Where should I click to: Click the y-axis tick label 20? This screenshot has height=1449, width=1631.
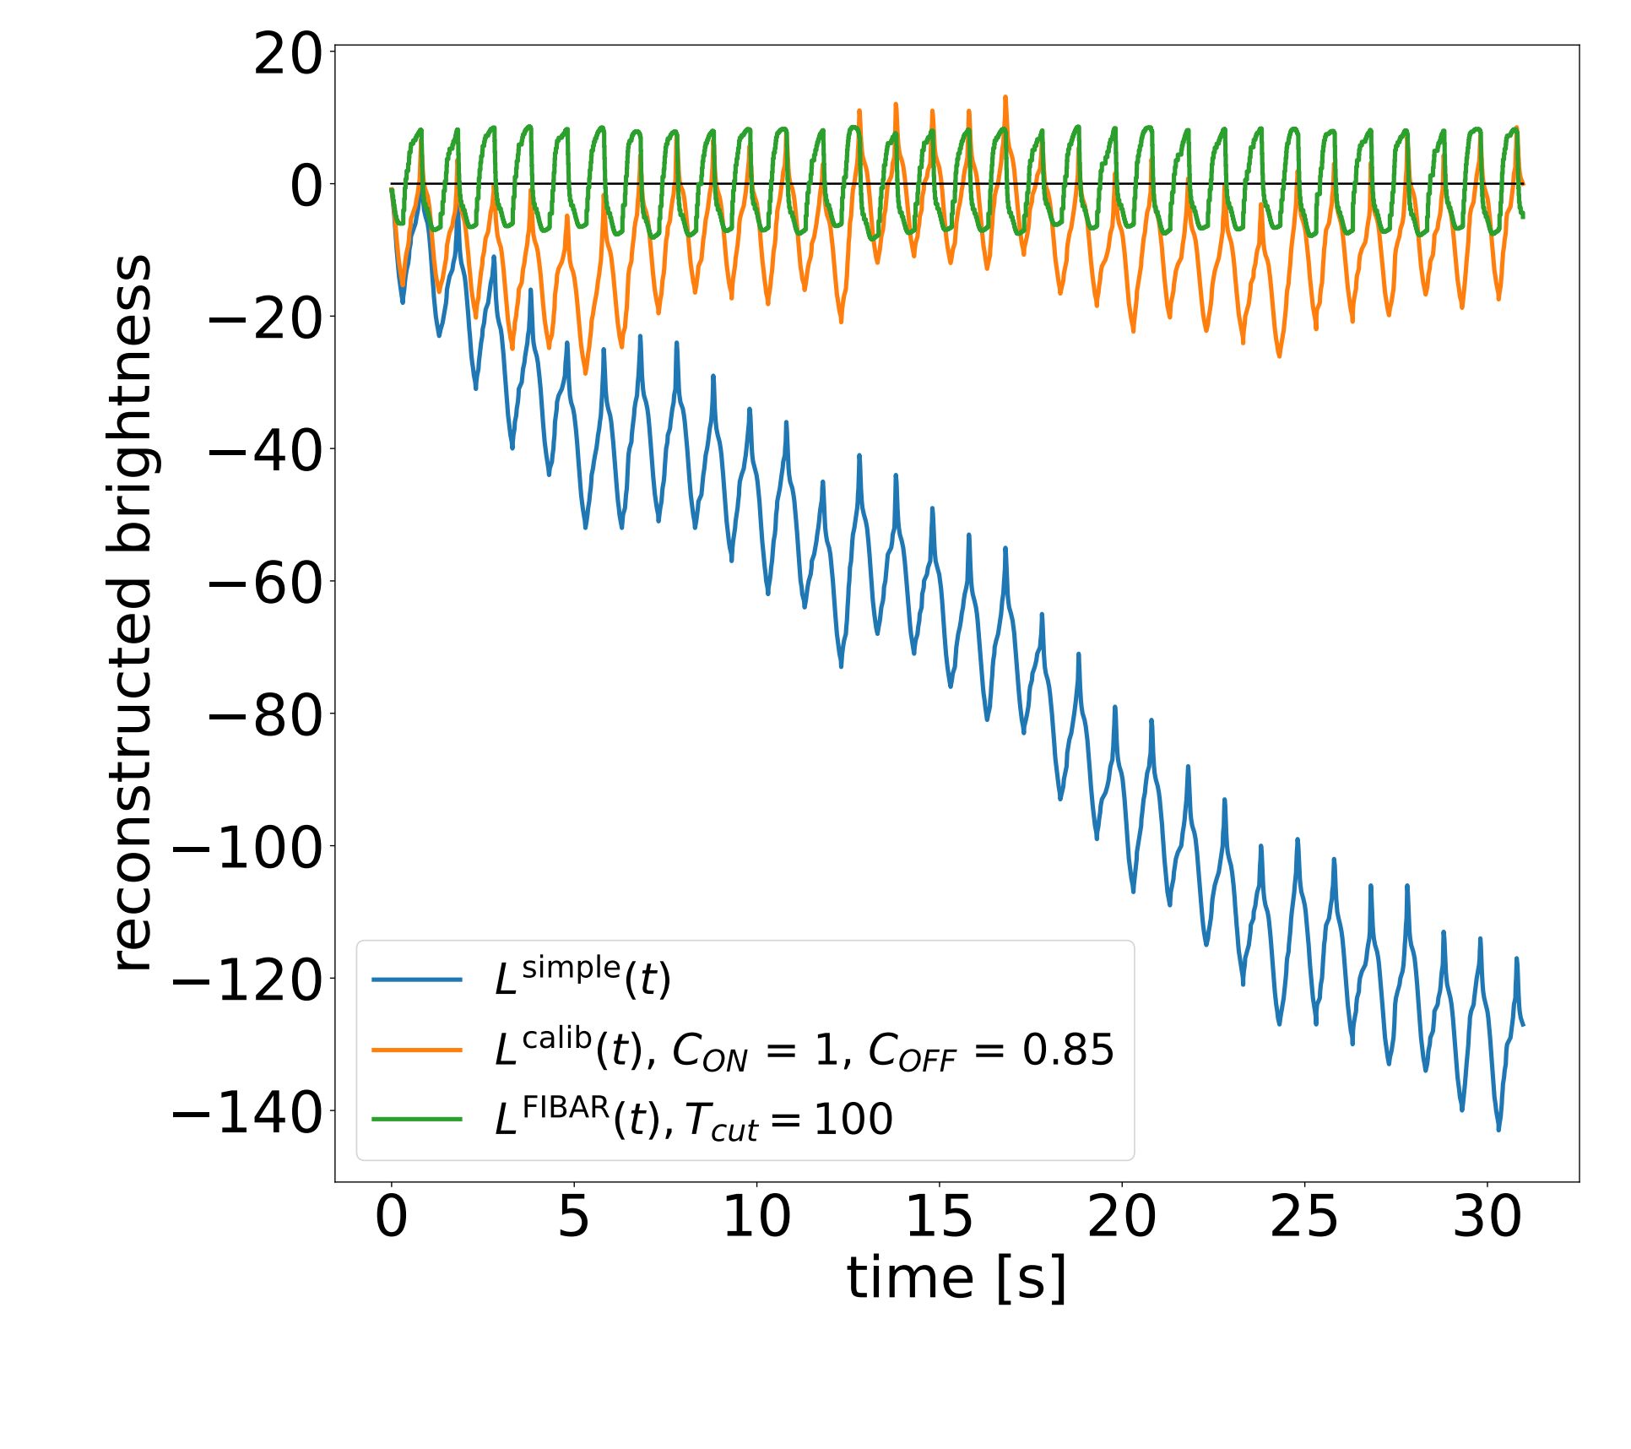[x=288, y=56]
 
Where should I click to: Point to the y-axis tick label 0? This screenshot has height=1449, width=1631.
[x=306, y=187]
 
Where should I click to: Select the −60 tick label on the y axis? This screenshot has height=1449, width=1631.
[x=265, y=583]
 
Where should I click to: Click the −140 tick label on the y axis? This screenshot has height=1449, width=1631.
[x=247, y=1114]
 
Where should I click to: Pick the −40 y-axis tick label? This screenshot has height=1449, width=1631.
[x=265, y=452]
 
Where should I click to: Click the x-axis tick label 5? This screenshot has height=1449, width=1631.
[x=573, y=1217]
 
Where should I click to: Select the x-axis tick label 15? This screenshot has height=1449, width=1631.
[x=939, y=1217]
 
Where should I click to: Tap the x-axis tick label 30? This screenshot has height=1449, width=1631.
[x=1487, y=1217]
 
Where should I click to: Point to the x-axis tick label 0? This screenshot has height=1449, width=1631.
[x=391, y=1217]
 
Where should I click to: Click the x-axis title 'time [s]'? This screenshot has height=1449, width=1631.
[x=956, y=1278]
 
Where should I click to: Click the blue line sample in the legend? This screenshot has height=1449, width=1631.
[x=417, y=980]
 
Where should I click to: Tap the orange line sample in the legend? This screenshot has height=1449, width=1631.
[x=417, y=1050]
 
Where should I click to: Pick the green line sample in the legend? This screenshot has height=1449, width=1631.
[x=417, y=1119]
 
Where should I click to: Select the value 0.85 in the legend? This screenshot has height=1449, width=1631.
[x=1068, y=1050]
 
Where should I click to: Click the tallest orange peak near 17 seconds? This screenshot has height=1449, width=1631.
[x=1005, y=98]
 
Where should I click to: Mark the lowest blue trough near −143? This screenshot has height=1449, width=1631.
[x=1498, y=1129]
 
